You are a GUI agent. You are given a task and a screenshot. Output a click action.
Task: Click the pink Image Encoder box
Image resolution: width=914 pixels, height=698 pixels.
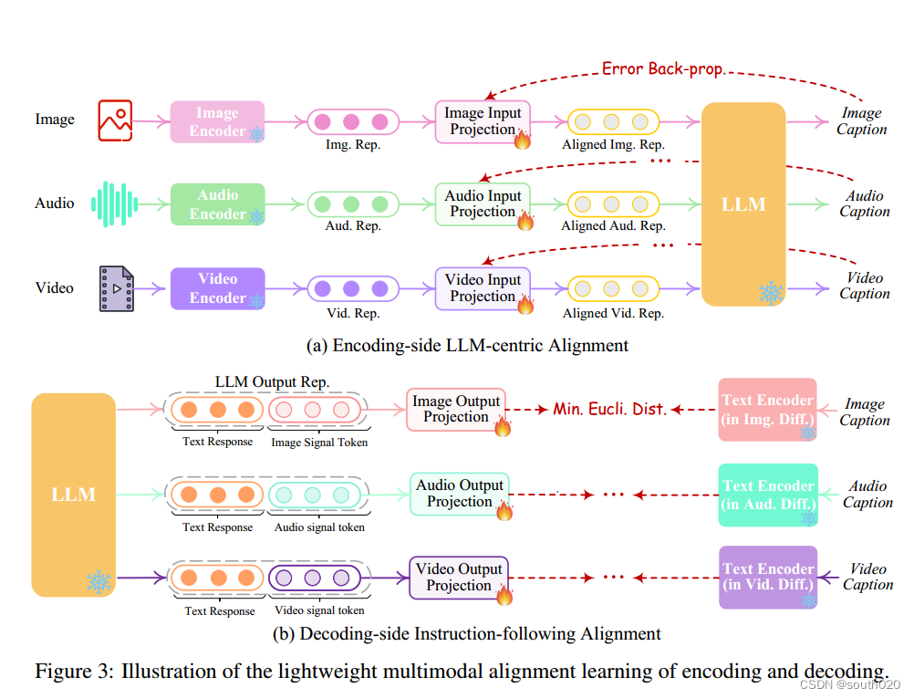(x=217, y=122)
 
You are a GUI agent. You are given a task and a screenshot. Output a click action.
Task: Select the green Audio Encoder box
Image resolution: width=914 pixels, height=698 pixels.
(x=217, y=204)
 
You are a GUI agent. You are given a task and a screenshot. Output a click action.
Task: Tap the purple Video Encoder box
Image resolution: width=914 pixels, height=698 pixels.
(x=217, y=288)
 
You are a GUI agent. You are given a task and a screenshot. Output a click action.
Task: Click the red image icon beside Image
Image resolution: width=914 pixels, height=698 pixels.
(x=115, y=120)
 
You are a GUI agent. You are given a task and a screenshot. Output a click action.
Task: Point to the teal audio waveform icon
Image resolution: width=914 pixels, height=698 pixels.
(x=114, y=203)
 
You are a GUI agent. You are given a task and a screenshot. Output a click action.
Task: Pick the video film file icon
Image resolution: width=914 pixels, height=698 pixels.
(x=116, y=288)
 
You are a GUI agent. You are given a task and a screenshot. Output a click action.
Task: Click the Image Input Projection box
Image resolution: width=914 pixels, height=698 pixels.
(x=483, y=121)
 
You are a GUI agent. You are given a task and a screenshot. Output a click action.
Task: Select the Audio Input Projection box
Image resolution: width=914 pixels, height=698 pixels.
(x=483, y=203)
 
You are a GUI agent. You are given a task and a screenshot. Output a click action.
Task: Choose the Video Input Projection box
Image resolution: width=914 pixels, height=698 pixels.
(x=483, y=288)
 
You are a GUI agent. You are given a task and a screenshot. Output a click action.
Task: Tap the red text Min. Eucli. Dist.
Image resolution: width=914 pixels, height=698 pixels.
(x=609, y=409)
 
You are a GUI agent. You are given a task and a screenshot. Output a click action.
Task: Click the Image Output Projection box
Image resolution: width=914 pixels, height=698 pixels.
(x=456, y=409)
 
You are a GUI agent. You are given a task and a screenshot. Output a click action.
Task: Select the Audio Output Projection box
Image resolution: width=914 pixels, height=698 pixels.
(x=459, y=494)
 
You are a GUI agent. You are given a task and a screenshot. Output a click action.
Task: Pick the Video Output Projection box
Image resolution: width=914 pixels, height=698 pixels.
(x=458, y=577)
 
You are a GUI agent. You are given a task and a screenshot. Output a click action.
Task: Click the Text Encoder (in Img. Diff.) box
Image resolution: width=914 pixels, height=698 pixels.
(x=767, y=409)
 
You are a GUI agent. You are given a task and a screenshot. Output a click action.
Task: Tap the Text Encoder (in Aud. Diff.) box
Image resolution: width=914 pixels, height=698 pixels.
(x=767, y=495)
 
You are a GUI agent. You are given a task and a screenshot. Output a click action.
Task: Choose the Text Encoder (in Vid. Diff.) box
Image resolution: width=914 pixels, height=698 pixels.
(x=767, y=577)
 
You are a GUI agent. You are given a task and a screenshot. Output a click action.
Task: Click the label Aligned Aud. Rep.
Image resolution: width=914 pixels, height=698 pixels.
(x=613, y=226)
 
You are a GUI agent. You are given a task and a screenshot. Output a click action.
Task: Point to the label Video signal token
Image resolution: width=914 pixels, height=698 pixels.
(x=319, y=610)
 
